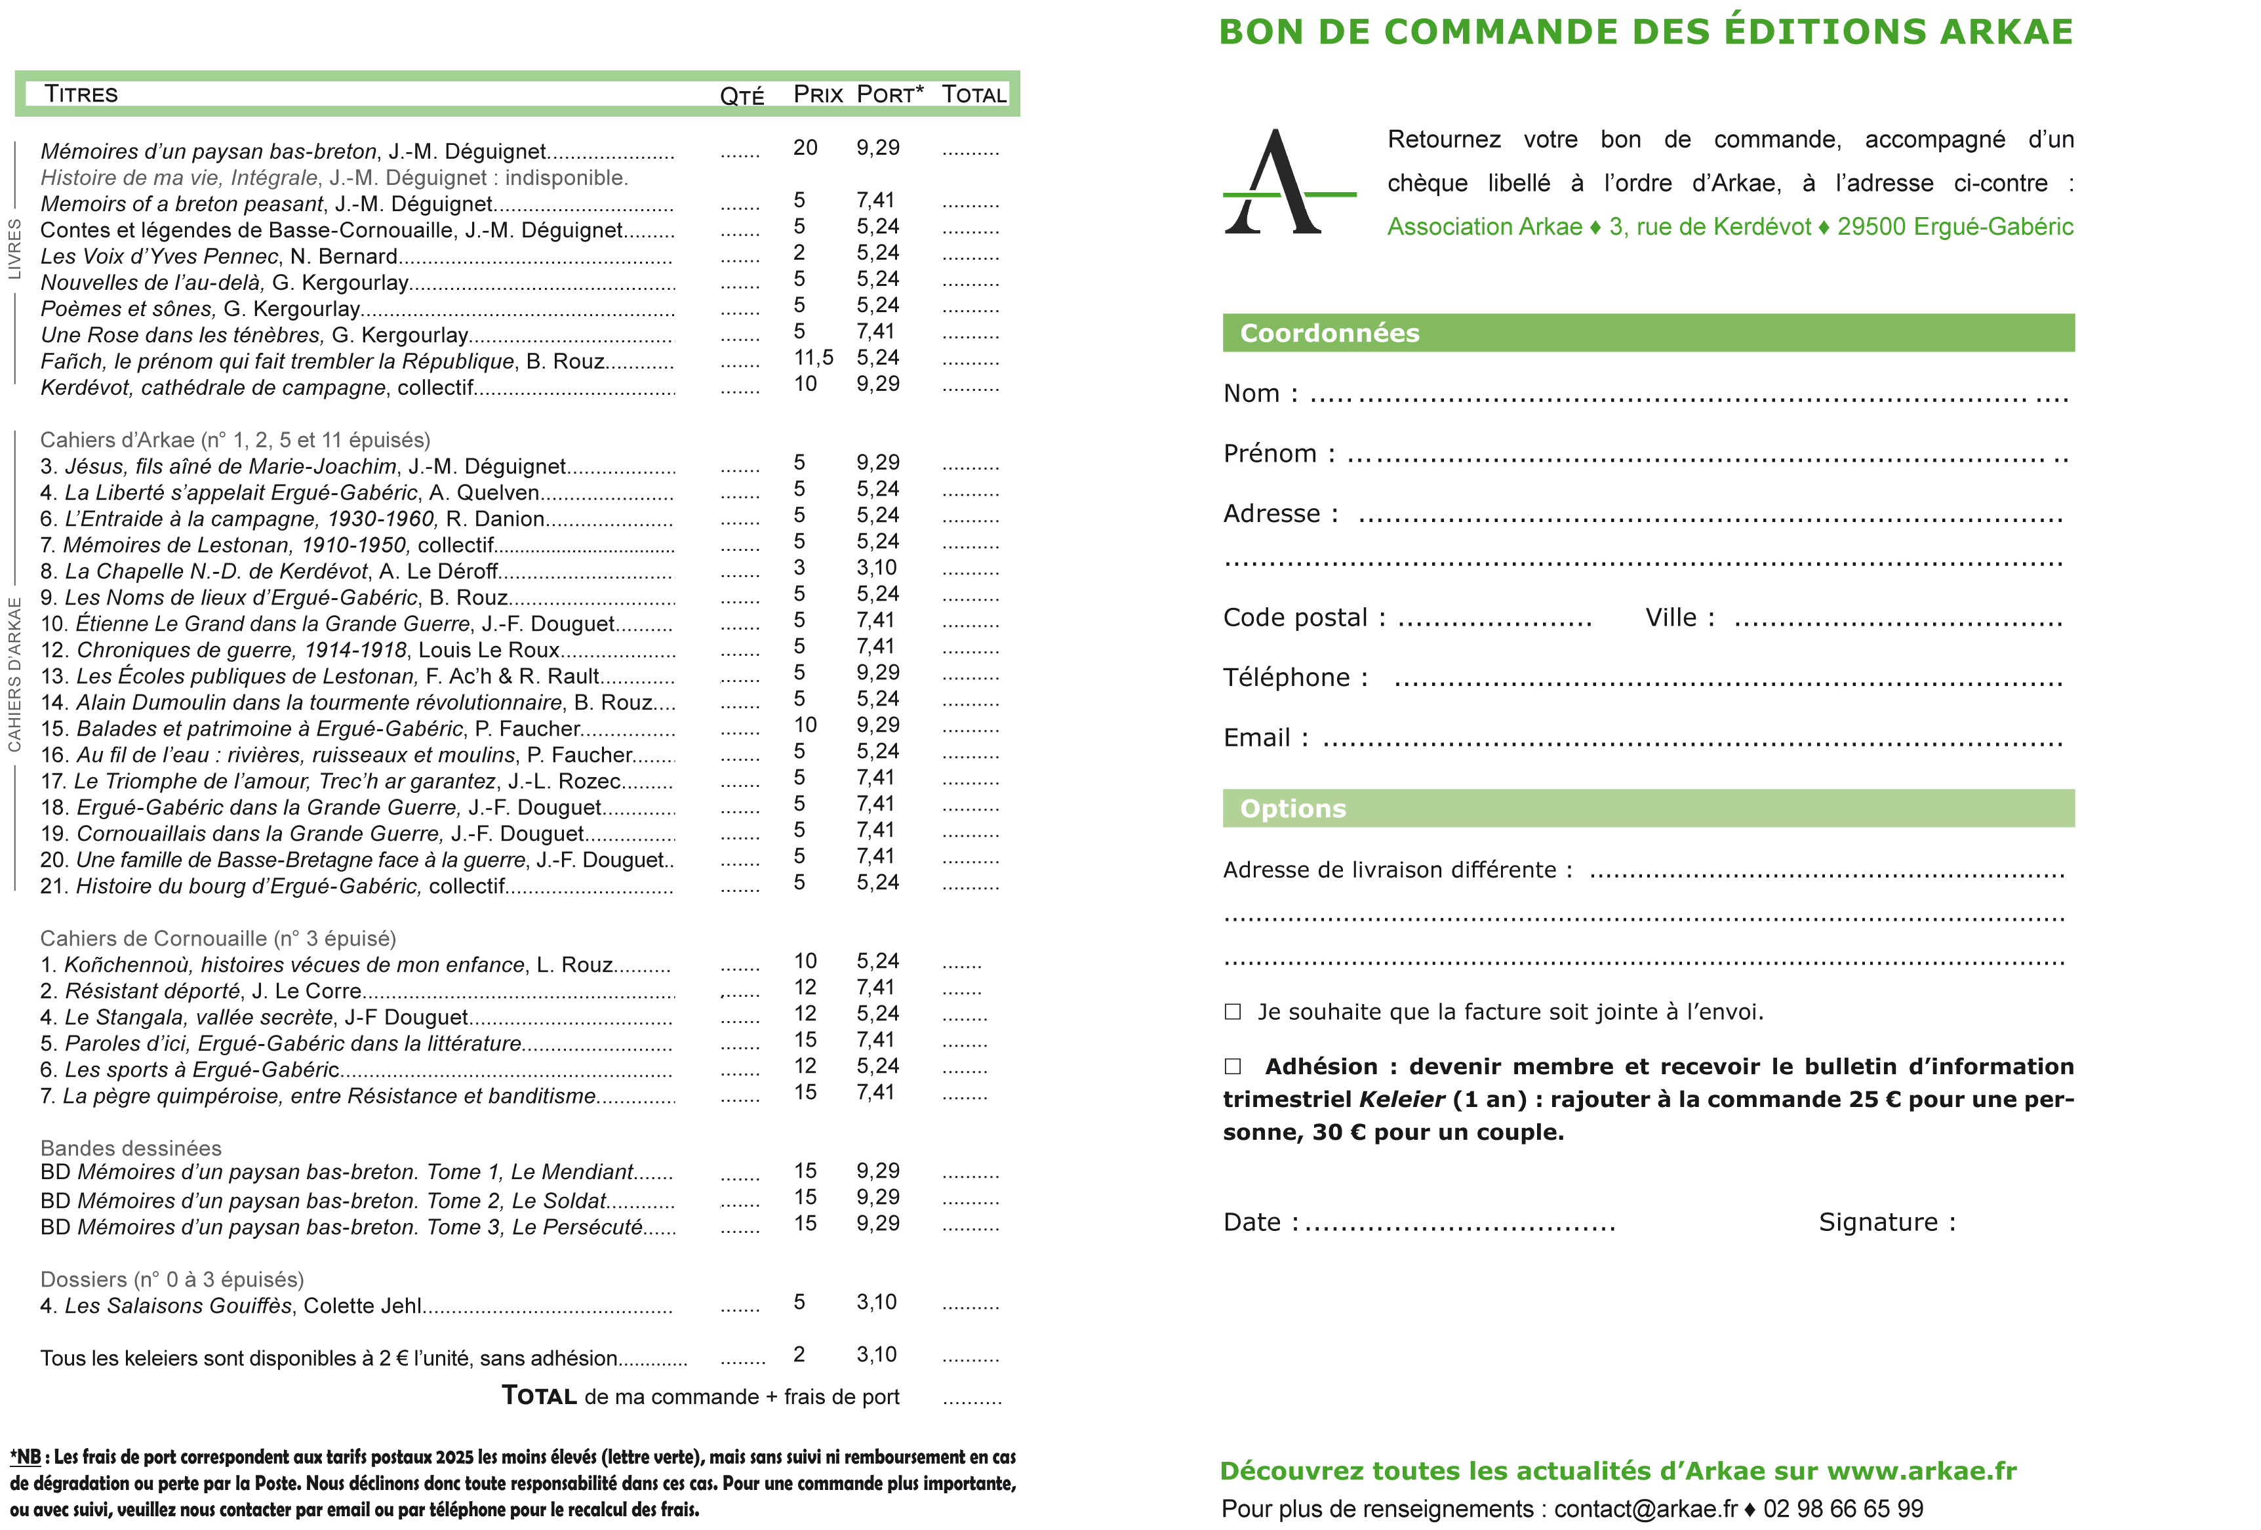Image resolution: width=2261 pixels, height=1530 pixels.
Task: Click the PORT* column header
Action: [889, 94]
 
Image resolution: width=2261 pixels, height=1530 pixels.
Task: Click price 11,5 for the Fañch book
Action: [812, 358]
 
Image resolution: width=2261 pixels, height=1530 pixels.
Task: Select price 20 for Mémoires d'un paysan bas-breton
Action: [805, 148]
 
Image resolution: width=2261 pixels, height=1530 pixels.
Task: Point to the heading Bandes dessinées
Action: [130, 1148]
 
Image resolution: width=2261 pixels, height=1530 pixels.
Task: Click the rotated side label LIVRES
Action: [14, 249]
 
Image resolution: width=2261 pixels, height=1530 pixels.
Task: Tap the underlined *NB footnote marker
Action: [26, 1457]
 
